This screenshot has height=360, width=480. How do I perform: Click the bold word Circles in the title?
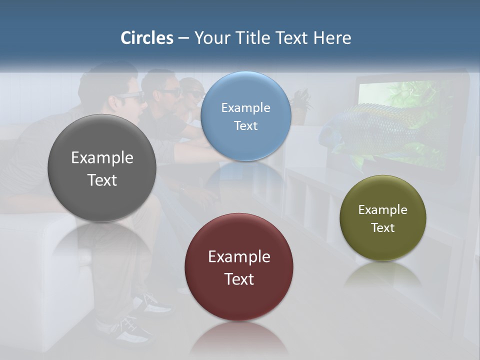147,38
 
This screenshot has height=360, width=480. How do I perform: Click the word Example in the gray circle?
102,158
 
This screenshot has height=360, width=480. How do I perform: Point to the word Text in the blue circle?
246,125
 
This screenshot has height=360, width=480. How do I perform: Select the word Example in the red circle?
239,257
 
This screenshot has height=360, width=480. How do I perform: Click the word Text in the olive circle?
383,228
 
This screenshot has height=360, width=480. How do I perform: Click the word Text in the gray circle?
102,180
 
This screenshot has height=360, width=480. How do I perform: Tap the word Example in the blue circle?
246,107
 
